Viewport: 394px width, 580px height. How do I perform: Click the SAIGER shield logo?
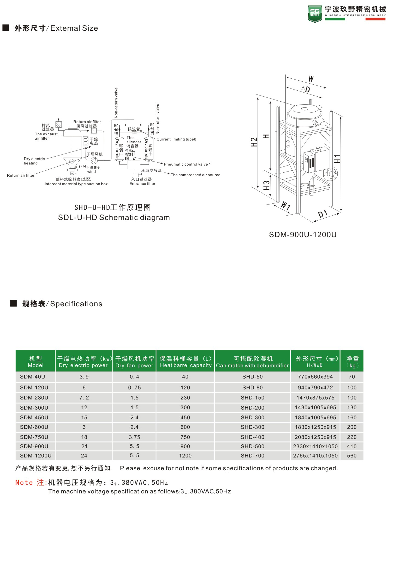pos(315,14)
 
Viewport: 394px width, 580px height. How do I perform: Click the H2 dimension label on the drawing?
pos(254,142)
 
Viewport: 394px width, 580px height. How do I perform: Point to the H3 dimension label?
pos(266,185)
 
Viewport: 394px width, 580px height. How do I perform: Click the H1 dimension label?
pos(337,159)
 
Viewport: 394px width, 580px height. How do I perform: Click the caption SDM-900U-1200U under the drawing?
pos(302,234)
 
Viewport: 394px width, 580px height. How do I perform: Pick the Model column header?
pos(35,362)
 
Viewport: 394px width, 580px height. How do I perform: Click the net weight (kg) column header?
pos(352,362)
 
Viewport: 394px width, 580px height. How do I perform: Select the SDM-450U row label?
pos(34,417)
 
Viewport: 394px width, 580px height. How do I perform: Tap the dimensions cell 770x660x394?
pos(315,377)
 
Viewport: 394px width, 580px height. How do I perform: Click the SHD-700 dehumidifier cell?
pos(252,456)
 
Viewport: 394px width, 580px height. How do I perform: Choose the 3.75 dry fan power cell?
pos(134,437)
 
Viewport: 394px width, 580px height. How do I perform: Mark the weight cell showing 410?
pos(352,446)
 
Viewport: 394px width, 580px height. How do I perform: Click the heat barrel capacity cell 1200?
pos(185,456)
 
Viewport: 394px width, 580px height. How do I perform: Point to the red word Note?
pos(24,483)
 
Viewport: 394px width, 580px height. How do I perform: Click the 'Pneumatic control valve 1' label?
pos(187,164)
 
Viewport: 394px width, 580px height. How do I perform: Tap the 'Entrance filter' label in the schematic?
pos(142,184)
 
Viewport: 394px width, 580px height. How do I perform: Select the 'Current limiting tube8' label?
pos(176,139)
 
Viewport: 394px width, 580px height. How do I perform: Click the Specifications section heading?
pos(62,304)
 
